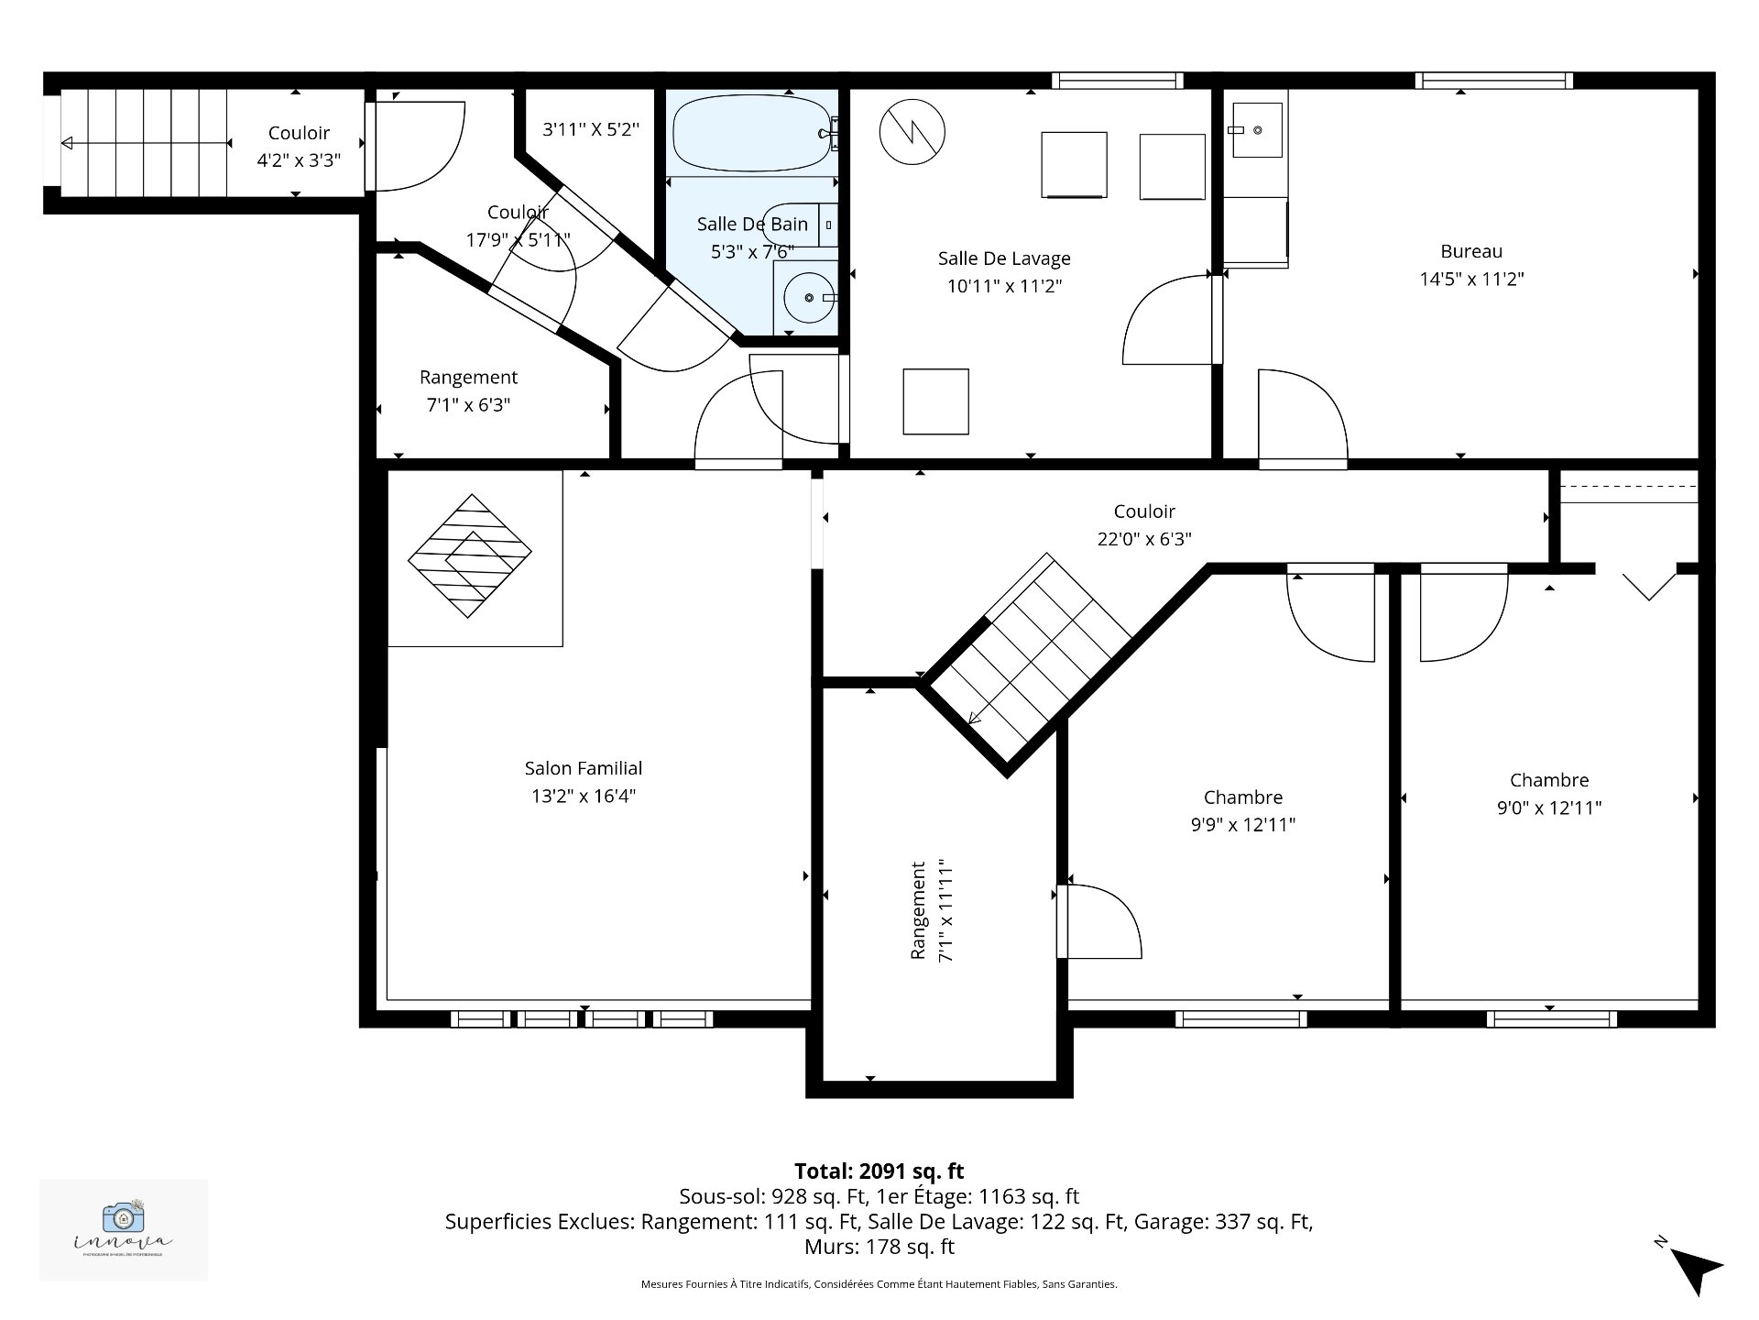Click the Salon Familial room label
pos(584,768)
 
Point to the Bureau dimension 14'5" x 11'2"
pos(1471,279)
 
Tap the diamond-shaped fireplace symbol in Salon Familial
pos(470,555)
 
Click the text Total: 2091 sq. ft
pos(879,1171)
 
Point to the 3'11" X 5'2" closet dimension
pos(591,129)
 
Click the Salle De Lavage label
pos(1004,258)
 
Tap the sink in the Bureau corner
pos(1256,128)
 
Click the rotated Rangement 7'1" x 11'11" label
pos(932,910)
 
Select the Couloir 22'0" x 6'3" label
pos(1144,525)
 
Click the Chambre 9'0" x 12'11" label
pos(1549,794)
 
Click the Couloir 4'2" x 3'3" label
pos(299,147)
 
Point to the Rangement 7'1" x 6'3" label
pos(468,390)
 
